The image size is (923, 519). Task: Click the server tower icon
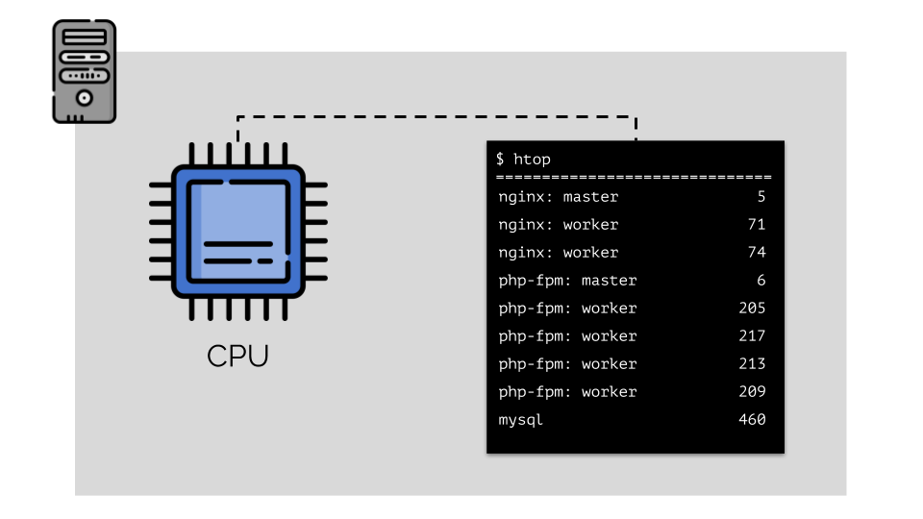coord(85,71)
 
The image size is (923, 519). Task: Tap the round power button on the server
coord(85,98)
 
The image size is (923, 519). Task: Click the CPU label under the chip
coord(237,356)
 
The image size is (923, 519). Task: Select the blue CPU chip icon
coord(237,232)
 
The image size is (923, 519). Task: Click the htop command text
coord(532,160)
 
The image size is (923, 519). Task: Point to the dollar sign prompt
coord(500,159)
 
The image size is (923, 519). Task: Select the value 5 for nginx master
coord(761,196)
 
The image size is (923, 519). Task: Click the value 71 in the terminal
coord(757,224)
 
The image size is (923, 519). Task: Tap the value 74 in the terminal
coord(757,253)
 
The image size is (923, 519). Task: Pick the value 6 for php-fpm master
coord(761,280)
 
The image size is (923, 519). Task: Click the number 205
coord(752,308)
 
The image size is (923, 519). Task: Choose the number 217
coord(752,336)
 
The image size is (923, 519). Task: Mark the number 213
coord(752,363)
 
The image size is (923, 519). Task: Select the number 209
coord(752,391)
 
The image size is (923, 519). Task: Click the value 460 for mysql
coord(752,420)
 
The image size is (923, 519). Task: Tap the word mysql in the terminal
coord(520,420)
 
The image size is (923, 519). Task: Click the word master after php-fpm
coord(610,281)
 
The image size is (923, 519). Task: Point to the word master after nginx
coord(590,197)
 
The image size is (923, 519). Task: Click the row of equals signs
coord(634,177)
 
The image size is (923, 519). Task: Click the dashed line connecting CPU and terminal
coord(437,116)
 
